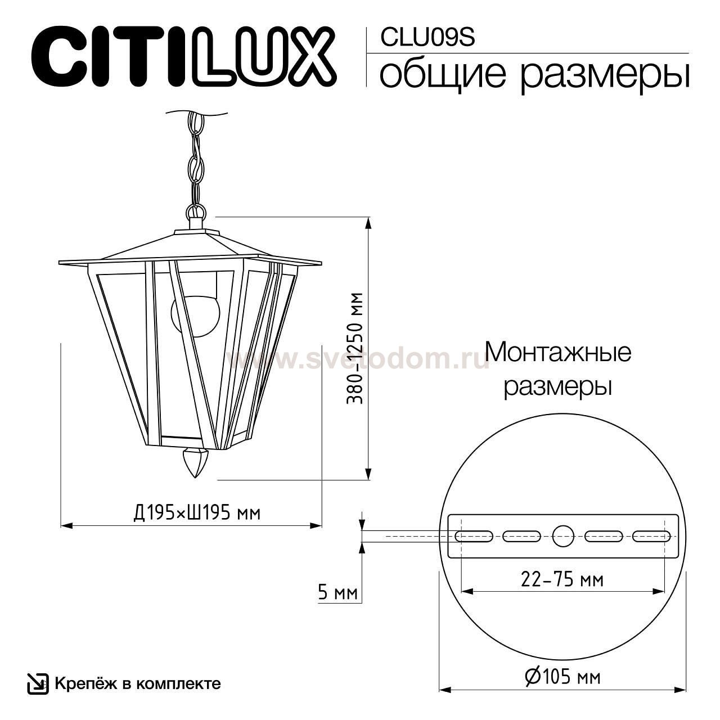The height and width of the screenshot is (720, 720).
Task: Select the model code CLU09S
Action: [427, 37]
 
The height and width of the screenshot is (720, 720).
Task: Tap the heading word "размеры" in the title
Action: [604, 75]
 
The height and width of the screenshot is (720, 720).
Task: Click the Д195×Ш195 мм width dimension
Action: [197, 512]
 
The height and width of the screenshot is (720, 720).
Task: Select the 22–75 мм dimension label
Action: [562, 579]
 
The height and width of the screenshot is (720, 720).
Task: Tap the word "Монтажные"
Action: [557, 353]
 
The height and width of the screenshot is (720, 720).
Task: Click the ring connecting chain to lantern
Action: [195, 213]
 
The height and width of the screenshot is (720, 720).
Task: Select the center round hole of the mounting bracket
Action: [562, 536]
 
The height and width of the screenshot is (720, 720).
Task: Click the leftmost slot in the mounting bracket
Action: [474, 536]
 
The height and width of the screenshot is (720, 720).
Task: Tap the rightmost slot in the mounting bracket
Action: [651, 536]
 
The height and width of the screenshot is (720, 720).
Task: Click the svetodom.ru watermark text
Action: [360, 359]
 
